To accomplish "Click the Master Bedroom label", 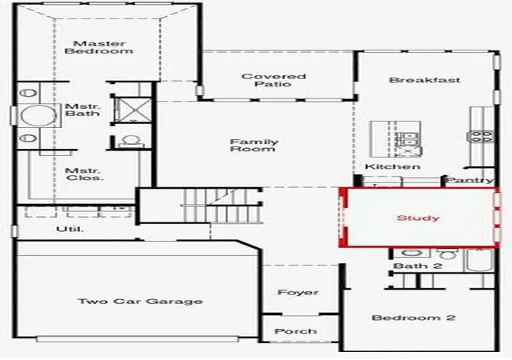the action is click(98, 47).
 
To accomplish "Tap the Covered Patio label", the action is click(274, 80).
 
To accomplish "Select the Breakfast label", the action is click(425, 80).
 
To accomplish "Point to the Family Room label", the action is click(254, 146).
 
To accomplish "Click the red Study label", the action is click(418, 218).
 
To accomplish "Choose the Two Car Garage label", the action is click(141, 301).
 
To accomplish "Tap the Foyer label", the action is click(298, 292).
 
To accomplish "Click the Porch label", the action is click(295, 331).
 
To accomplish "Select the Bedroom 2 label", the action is click(414, 318).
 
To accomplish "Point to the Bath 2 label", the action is click(418, 266).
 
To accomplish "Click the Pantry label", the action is click(470, 180).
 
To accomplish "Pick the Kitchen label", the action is click(393, 166).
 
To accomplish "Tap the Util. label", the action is click(70, 229).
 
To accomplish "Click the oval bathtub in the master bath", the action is click(38, 115).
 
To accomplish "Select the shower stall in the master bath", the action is click(134, 110).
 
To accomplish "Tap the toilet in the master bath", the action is click(131, 141).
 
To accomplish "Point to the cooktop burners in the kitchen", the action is click(481, 136).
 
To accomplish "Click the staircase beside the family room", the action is click(222, 206).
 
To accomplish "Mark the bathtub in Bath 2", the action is click(479, 260).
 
